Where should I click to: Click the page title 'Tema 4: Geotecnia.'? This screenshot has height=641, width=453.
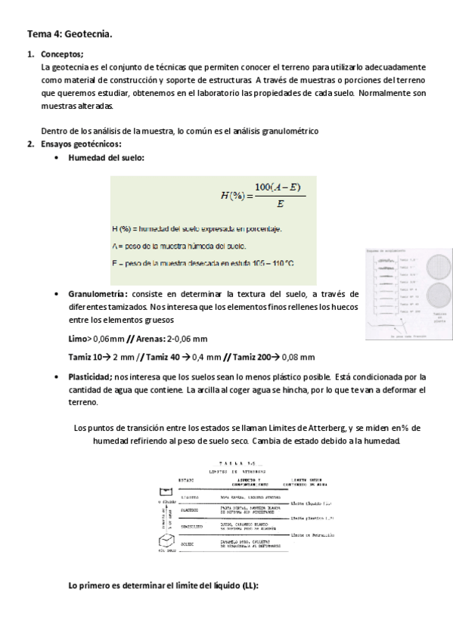pyautogui.click(x=70, y=34)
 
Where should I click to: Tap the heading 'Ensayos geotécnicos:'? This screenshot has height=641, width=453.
pyautogui.click(x=81, y=144)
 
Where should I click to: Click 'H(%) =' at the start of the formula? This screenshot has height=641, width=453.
pyautogui.click(x=236, y=195)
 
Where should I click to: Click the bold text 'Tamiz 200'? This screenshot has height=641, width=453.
pyautogui.click(x=247, y=357)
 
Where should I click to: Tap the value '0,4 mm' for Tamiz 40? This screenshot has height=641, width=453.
pyautogui.click(x=206, y=357)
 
